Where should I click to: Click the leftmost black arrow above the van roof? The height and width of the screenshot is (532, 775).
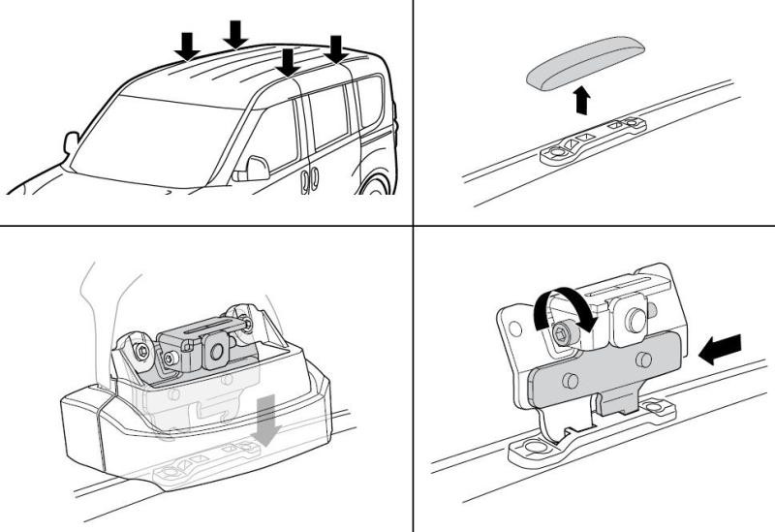[x=189, y=44]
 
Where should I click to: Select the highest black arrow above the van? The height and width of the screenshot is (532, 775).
[x=234, y=33]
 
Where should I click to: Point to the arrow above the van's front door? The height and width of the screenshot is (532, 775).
[x=286, y=62]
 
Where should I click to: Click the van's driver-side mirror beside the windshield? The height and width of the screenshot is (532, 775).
[x=71, y=144]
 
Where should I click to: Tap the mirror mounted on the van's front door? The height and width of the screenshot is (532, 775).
[x=255, y=168]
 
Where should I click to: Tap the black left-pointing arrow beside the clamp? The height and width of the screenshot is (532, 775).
[x=721, y=350]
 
